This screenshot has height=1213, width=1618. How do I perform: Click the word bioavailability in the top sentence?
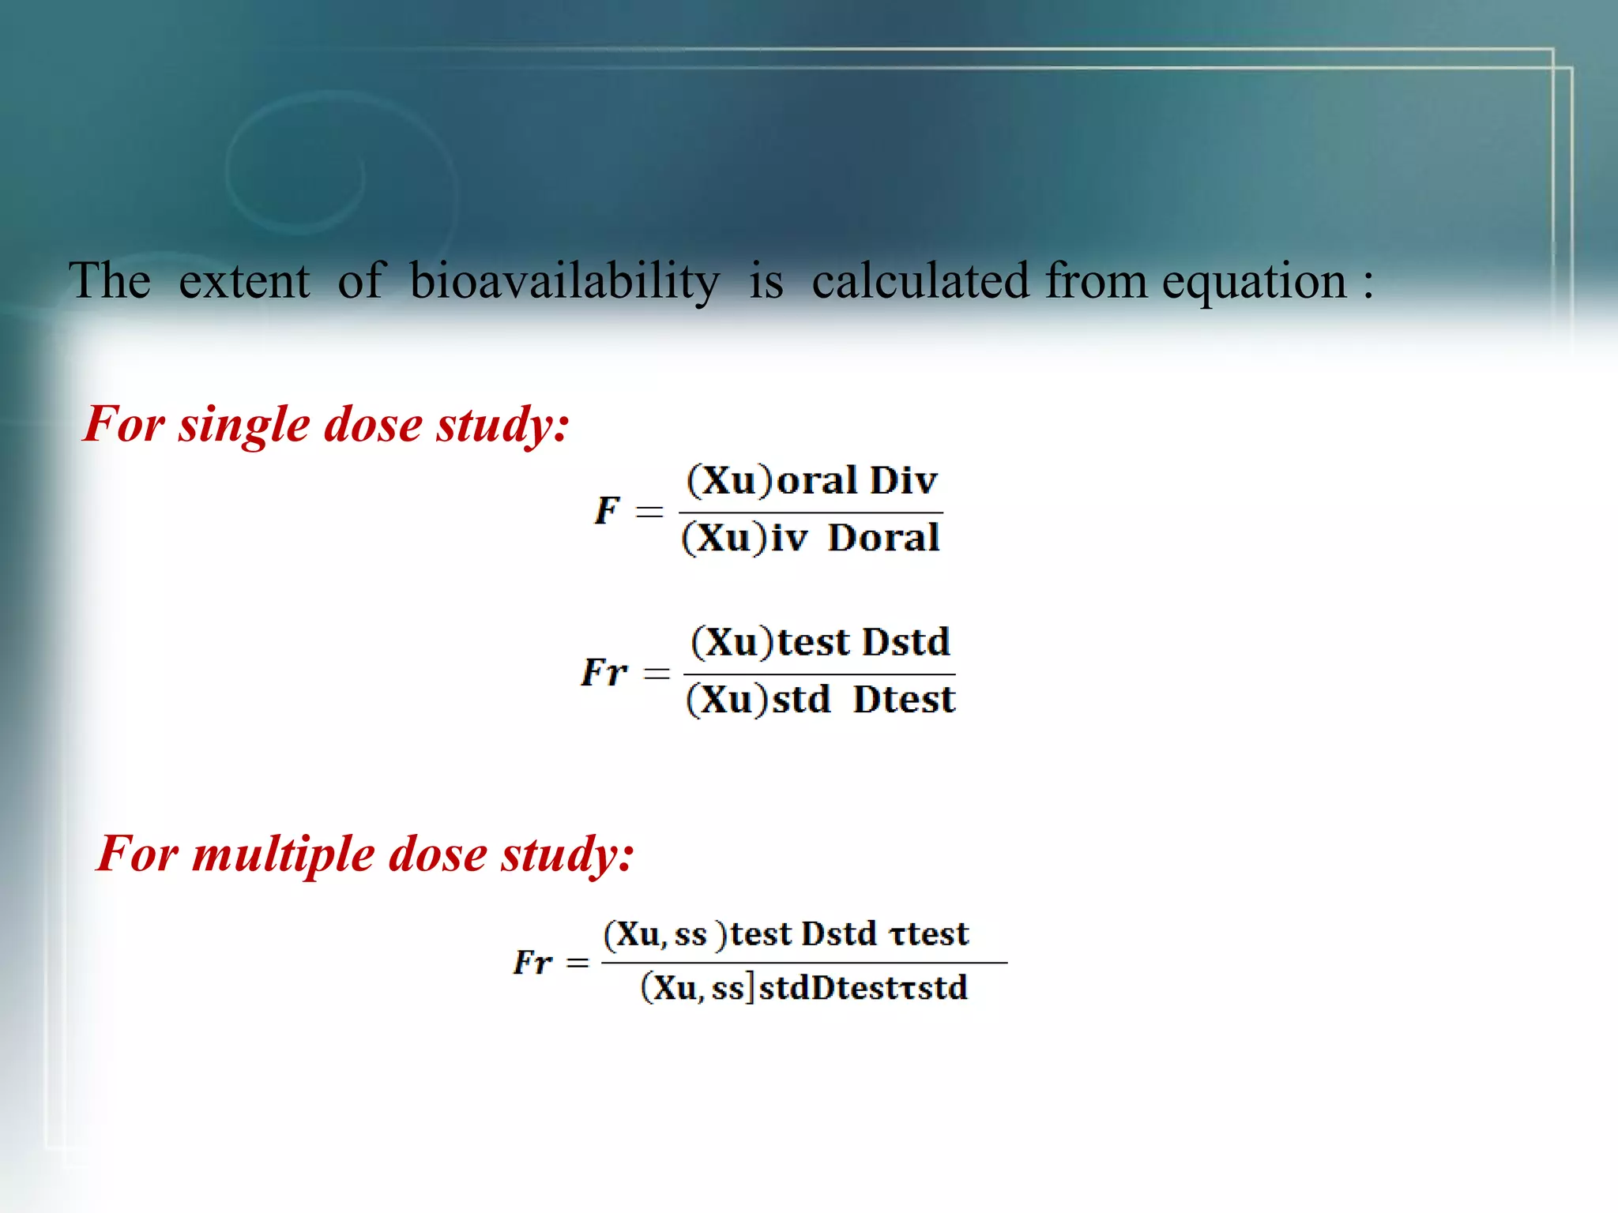(564, 281)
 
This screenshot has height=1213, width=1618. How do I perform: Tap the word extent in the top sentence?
(244, 281)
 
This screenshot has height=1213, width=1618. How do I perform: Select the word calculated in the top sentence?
(920, 281)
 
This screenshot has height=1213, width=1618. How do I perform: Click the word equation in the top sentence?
(1254, 283)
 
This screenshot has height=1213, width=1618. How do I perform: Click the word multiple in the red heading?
(283, 856)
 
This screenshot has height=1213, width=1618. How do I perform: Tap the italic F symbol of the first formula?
(607, 510)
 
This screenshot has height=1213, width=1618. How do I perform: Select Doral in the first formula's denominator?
(883, 539)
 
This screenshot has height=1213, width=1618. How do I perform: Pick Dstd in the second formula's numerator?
(905, 641)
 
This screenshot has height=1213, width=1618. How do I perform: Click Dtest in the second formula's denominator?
(904, 700)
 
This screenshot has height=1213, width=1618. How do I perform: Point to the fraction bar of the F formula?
(811, 513)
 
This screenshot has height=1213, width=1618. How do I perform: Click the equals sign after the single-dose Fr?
(657, 673)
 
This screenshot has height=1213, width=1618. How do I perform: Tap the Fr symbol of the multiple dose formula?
(532, 962)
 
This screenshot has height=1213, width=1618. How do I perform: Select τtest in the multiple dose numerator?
(929, 933)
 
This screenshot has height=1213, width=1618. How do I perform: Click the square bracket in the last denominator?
(751, 987)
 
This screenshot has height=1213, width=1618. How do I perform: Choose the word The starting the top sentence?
(110, 281)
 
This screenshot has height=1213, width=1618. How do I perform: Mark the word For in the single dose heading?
(123, 425)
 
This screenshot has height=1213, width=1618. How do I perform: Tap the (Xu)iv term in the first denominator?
(744, 539)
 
